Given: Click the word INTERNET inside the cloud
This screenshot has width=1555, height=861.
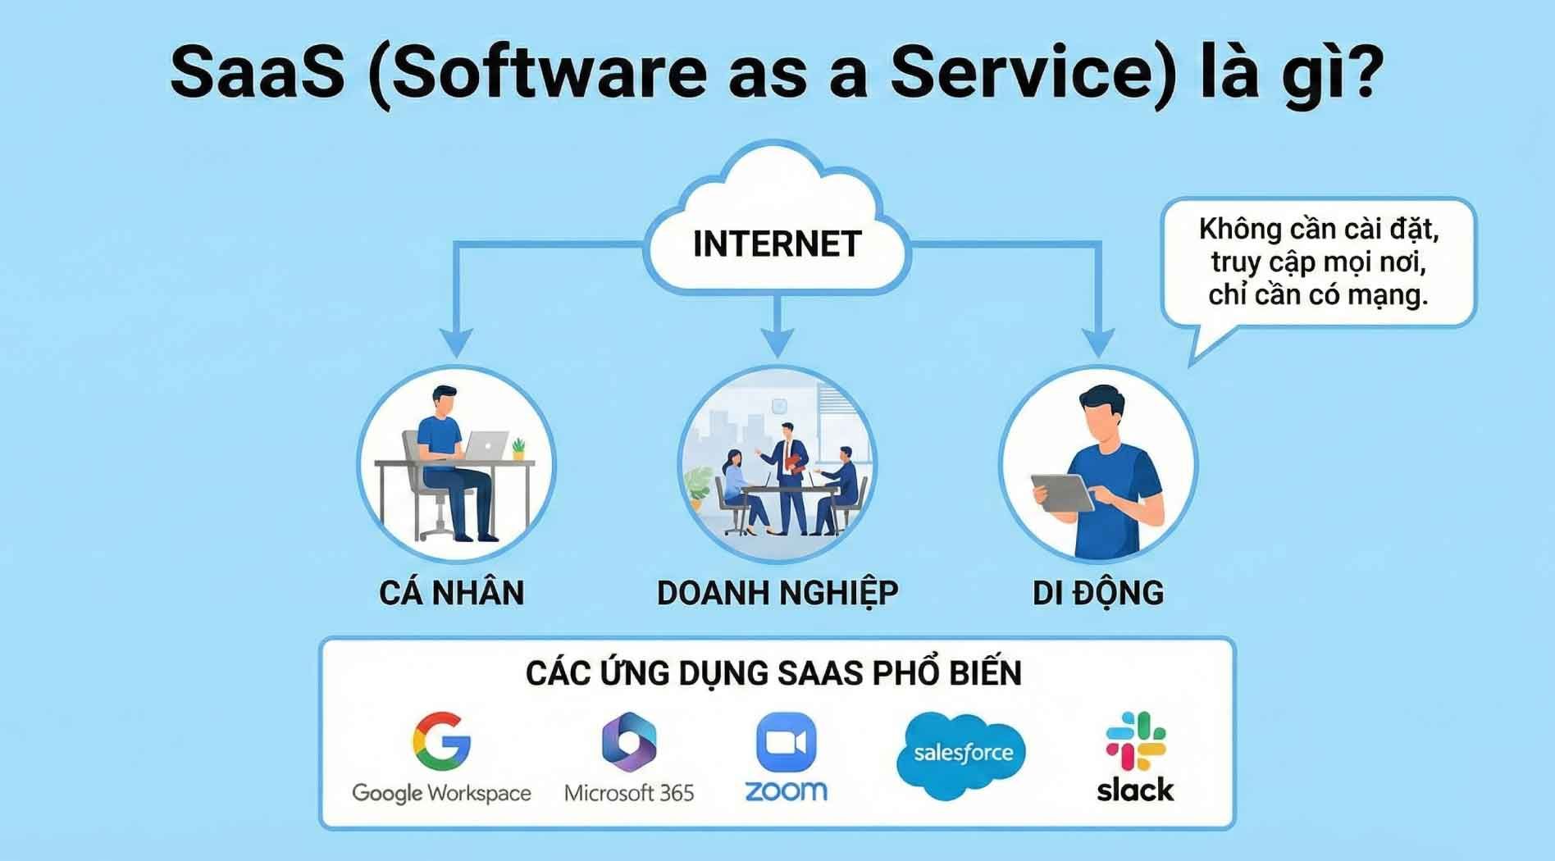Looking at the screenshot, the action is tap(777, 244).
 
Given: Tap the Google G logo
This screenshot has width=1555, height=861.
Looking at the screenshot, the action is tap(441, 740).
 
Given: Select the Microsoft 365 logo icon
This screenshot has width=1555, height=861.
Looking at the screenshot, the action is tap(629, 742).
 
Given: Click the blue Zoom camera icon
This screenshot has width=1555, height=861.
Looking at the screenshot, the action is tap(786, 742).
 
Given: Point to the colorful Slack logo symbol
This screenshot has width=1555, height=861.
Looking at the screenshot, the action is tap(1135, 740).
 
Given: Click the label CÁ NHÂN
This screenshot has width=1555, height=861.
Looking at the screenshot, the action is tap(452, 592).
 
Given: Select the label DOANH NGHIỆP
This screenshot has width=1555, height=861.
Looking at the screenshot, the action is tap(777, 593).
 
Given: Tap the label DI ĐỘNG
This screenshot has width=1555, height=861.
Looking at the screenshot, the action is tap(1098, 592).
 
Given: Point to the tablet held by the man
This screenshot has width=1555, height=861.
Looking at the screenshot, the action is tap(1063, 492).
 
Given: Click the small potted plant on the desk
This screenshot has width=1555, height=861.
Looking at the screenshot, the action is tap(518, 449).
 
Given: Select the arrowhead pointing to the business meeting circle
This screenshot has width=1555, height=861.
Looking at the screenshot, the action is tap(777, 343).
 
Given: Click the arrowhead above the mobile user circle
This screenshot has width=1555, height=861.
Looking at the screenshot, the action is tap(1098, 343).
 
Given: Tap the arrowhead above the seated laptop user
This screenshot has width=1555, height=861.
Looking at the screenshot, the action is tap(456, 343).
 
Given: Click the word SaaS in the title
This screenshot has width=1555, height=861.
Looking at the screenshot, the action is tap(258, 73).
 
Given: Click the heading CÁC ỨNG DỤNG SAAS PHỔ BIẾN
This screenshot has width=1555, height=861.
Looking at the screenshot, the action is tap(773, 672).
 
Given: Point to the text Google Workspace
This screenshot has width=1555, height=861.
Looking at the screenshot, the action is tap(441, 794).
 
